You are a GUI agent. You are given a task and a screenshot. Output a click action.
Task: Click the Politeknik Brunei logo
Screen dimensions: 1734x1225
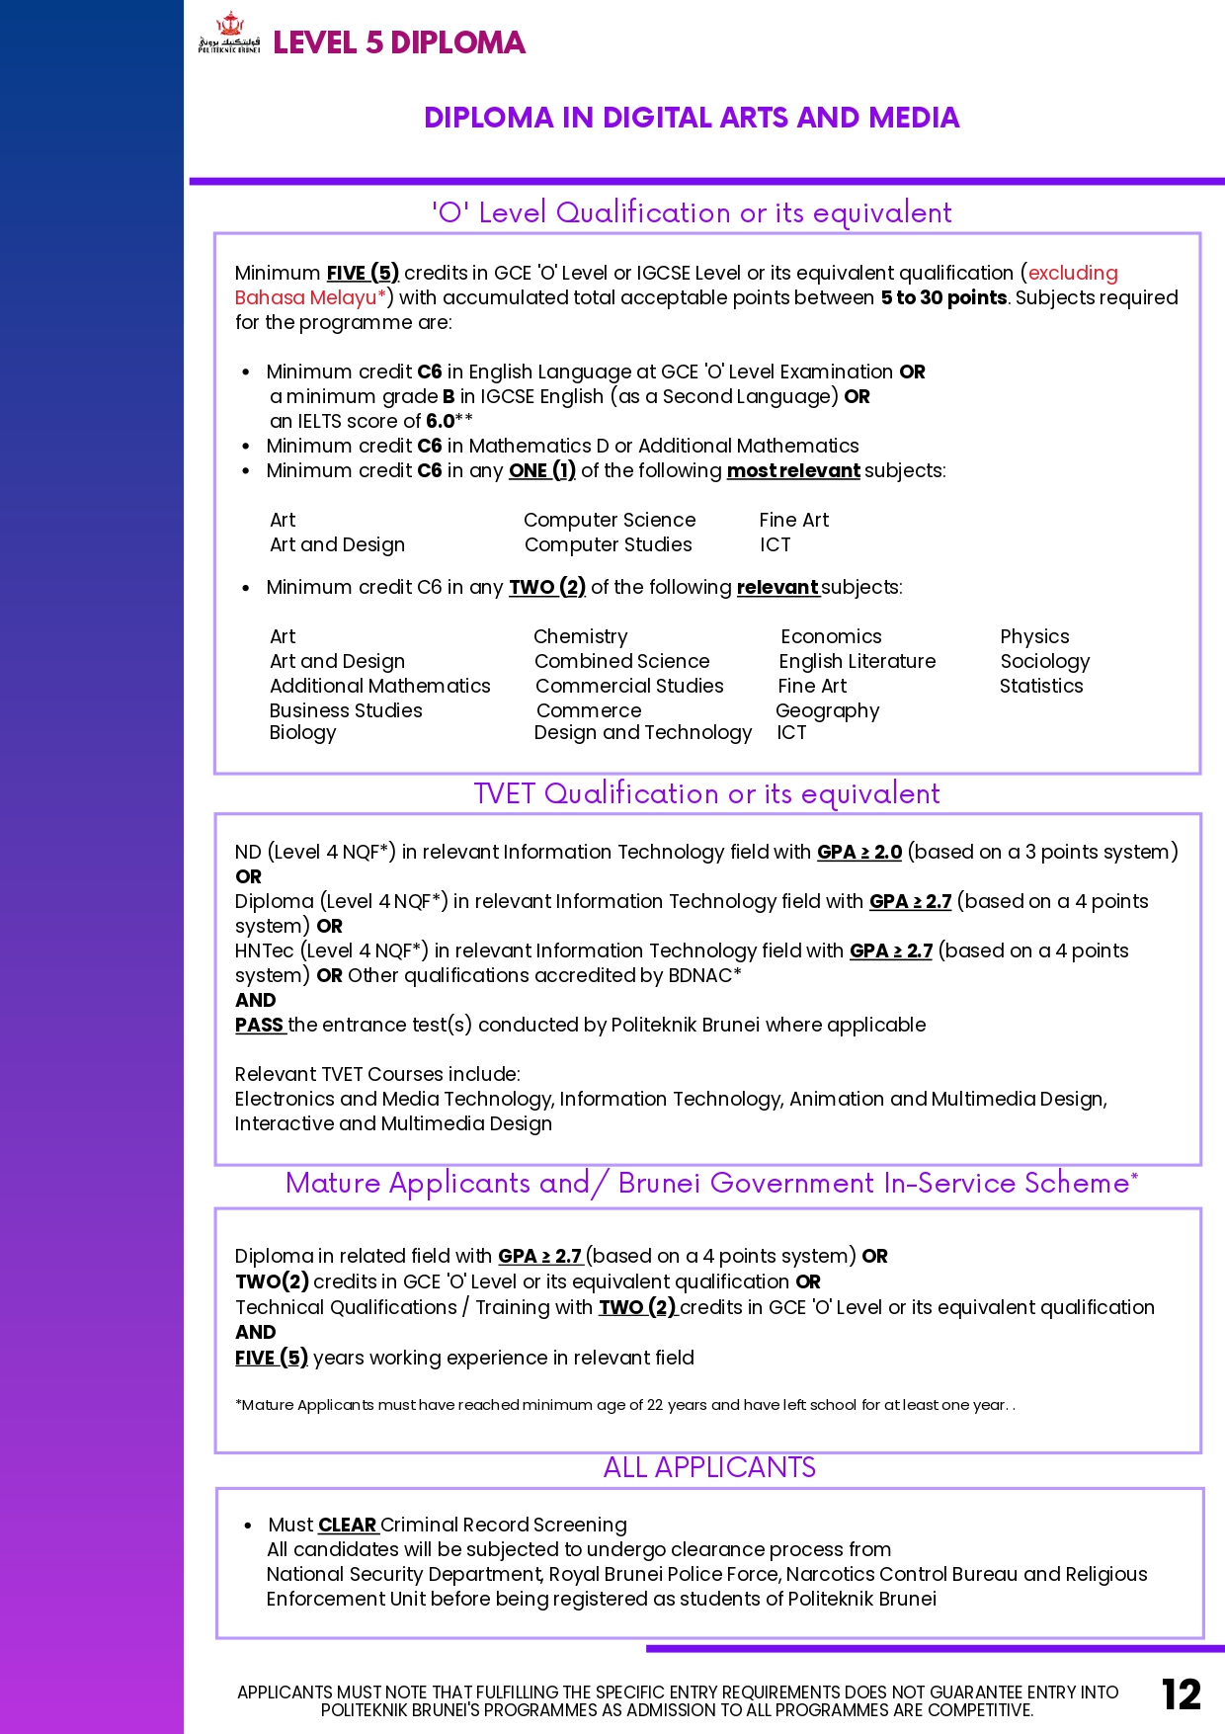229,35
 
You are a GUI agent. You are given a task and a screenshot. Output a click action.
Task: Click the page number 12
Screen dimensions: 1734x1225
1181,1694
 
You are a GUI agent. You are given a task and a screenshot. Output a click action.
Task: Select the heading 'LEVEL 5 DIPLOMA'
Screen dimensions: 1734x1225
399,42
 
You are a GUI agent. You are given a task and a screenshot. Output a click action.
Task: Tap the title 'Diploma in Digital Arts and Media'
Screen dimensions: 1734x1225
692,118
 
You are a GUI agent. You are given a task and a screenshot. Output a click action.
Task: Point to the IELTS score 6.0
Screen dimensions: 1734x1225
441,421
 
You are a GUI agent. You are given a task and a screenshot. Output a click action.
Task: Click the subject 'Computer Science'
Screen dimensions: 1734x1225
610,520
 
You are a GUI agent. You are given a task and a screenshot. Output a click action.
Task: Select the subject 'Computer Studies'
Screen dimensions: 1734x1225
609,544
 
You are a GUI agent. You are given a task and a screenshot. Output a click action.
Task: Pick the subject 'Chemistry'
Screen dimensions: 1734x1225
581,636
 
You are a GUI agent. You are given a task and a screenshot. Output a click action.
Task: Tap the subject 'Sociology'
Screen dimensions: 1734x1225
1045,661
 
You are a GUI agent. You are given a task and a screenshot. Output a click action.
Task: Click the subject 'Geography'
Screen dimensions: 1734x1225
828,710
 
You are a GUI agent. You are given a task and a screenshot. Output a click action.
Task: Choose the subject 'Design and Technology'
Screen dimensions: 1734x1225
643,732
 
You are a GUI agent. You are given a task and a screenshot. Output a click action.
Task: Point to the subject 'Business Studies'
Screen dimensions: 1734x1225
346,710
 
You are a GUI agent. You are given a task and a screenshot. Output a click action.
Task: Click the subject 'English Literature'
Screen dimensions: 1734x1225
857,661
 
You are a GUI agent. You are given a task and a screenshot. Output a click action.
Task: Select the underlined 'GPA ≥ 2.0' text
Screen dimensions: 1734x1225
859,852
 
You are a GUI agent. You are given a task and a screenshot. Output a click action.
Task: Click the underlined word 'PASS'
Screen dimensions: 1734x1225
260,1025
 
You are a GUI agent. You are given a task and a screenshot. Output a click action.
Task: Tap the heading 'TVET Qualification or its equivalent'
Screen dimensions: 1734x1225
707,793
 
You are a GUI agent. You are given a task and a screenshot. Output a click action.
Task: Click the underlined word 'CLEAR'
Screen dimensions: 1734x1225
348,1525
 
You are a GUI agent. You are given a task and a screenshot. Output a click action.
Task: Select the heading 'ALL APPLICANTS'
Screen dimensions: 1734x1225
709,1467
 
